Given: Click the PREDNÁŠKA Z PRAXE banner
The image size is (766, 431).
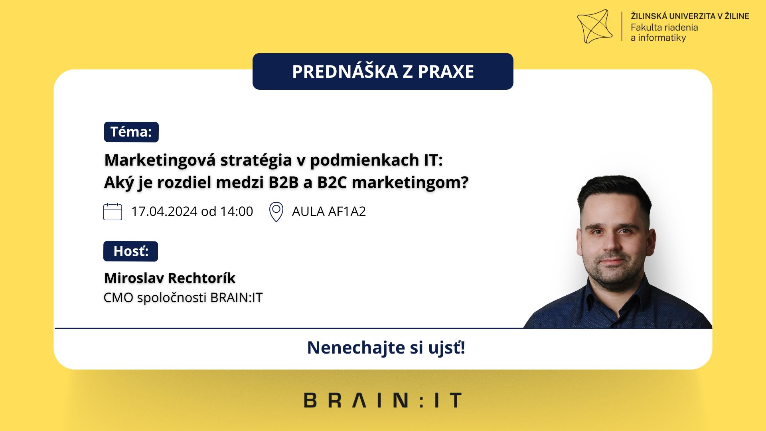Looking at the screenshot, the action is click(x=383, y=71).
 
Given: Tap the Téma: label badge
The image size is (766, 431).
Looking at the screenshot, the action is click(x=131, y=132).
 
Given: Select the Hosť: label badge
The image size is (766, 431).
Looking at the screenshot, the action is click(x=130, y=251).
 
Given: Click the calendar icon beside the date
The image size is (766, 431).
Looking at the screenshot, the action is click(x=113, y=212).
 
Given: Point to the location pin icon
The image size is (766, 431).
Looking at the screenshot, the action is click(x=276, y=212).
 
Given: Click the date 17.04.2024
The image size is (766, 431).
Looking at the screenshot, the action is click(x=164, y=212).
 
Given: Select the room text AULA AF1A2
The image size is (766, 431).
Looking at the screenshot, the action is click(x=329, y=212).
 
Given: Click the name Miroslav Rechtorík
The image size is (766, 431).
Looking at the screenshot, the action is click(x=170, y=278).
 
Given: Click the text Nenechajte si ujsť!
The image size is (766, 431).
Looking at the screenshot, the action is click(x=386, y=348).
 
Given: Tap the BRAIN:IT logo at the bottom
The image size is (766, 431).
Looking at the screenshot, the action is click(x=383, y=400).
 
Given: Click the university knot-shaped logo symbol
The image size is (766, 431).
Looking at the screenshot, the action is click(x=594, y=26).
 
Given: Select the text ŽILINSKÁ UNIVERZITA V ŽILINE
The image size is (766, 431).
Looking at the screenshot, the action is click(x=690, y=16).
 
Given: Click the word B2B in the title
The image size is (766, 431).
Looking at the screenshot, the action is click(x=284, y=182).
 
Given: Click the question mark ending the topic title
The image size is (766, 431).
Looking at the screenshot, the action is click(x=464, y=182).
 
